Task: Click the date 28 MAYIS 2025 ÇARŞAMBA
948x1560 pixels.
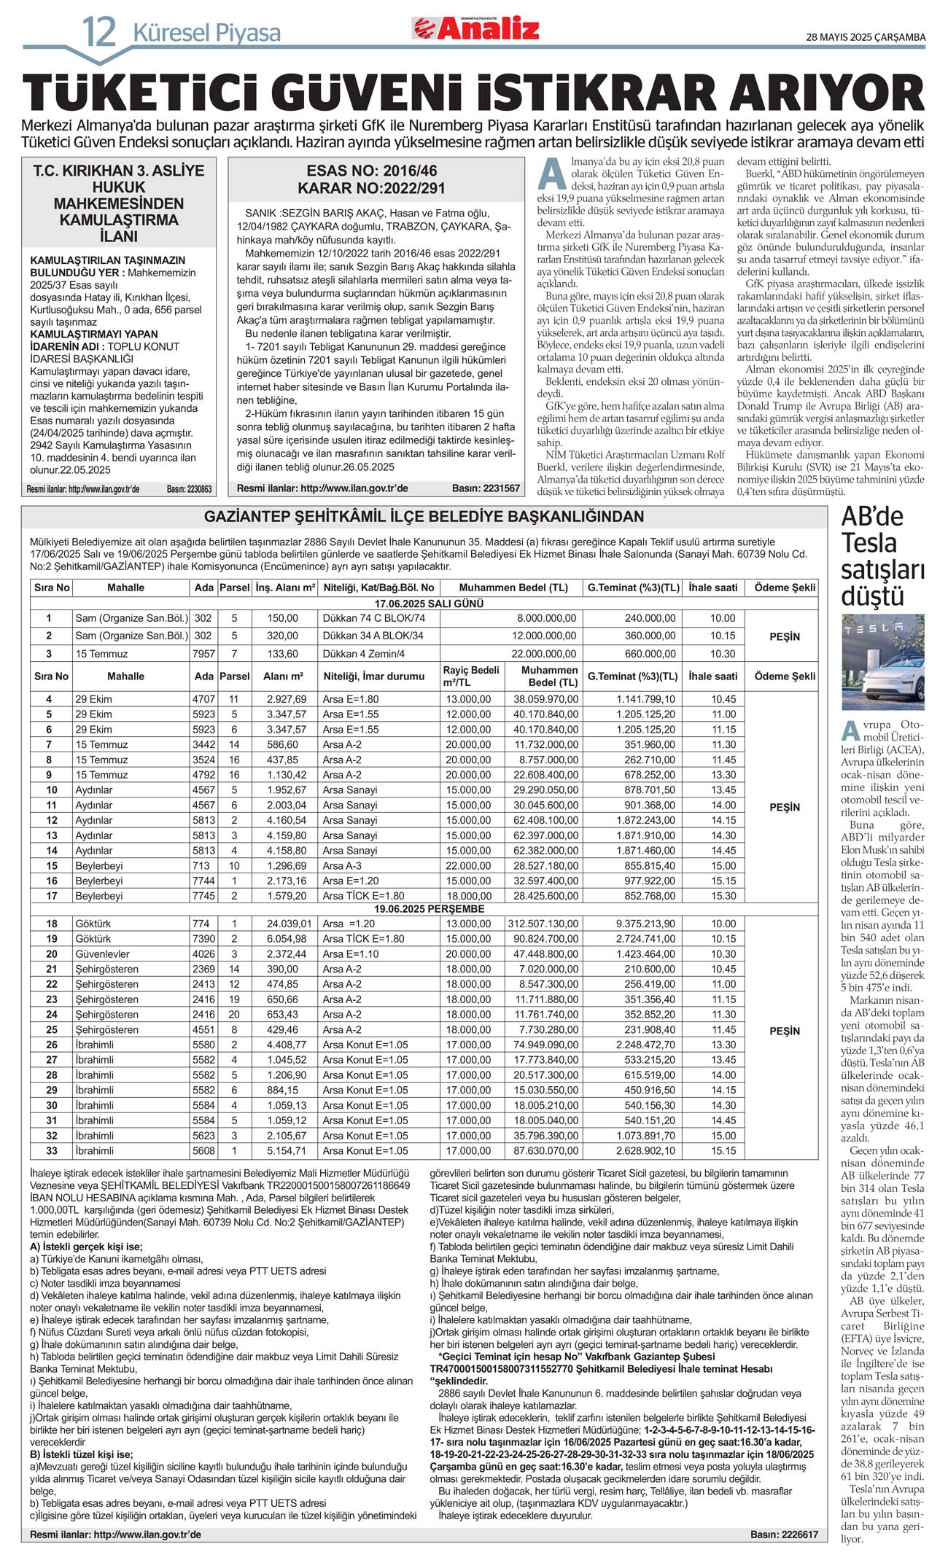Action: pyautogui.click(x=865, y=37)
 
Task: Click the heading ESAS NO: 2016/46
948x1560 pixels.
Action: pyautogui.click(x=372, y=171)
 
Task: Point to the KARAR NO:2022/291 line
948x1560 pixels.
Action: pyautogui.click(x=372, y=188)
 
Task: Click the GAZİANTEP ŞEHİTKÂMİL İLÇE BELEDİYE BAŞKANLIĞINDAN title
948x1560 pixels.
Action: pyautogui.click(x=424, y=517)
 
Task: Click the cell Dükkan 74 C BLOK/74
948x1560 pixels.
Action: pyautogui.click(x=373, y=618)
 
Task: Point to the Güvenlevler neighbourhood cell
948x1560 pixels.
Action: pyautogui.click(x=102, y=953)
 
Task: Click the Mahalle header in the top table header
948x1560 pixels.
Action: pyautogui.click(x=125, y=588)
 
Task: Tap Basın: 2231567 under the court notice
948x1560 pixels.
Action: pyautogui.click(x=486, y=488)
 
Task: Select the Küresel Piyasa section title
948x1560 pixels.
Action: pyautogui.click(x=206, y=34)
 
